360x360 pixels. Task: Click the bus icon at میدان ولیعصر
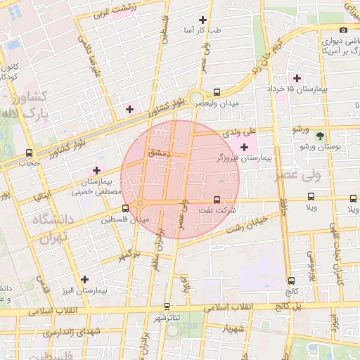point(217,92)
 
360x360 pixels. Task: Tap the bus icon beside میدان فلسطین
point(126,208)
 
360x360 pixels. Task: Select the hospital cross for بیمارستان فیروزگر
point(244,147)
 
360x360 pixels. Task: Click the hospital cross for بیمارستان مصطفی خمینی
point(96,170)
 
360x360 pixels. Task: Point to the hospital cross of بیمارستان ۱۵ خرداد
point(297,77)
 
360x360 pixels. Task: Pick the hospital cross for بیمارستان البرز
point(84,279)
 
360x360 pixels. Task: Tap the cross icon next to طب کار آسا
point(203,20)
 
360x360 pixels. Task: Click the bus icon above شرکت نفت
point(217,200)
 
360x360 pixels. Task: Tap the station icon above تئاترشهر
point(167,306)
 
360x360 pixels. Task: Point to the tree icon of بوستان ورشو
point(321,136)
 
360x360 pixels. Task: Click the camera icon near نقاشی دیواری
point(343,30)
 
